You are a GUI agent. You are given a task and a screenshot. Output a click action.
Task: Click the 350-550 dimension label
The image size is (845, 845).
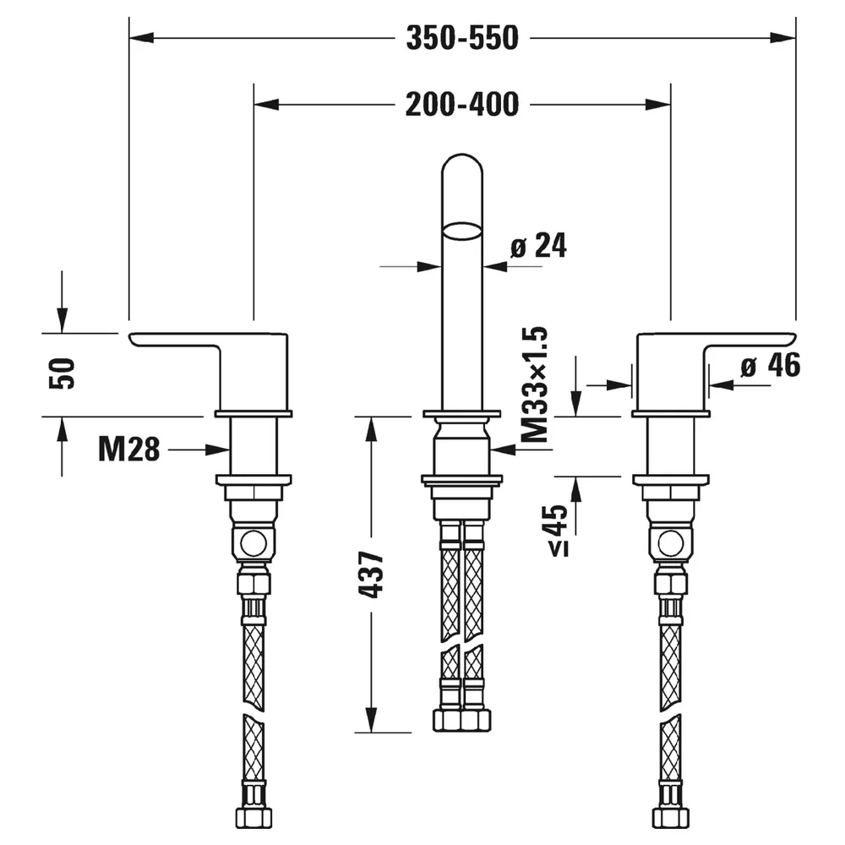click(x=462, y=38)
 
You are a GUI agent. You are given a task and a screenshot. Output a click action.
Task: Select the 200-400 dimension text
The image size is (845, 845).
click(x=462, y=105)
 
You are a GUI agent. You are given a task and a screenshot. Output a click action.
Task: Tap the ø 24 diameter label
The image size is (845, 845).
click(x=538, y=246)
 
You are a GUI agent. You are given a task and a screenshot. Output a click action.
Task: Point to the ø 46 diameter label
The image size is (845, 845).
click(x=771, y=365)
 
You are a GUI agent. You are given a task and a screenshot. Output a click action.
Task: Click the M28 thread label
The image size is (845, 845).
click(x=129, y=449)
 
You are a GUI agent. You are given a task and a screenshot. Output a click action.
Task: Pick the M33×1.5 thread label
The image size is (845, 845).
click(x=535, y=384)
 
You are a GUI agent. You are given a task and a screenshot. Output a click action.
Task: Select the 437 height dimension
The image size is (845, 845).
click(x=371, y=575)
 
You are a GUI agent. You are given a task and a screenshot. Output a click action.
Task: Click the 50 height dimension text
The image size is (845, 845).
click(x=62, y=373)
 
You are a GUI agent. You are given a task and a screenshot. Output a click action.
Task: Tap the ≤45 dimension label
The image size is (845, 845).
click(x=559, y=531)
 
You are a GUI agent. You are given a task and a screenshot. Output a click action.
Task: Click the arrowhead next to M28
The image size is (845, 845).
click(x=218, y=450)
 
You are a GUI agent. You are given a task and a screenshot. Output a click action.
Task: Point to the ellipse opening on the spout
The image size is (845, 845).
click(x=461, y=232)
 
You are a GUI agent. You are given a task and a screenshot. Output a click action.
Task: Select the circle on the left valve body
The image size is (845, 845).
click(x=253, y=543)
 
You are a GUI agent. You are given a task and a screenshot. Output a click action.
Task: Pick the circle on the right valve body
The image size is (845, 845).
click(x=671, y=543)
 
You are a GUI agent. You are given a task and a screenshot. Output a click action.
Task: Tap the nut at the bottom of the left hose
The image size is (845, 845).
click(x=253, y=817)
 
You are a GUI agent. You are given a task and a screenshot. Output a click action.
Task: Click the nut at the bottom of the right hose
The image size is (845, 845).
click(x=671, y=817)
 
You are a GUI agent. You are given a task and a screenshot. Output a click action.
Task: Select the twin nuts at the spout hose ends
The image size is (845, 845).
click(x=462, y=720)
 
